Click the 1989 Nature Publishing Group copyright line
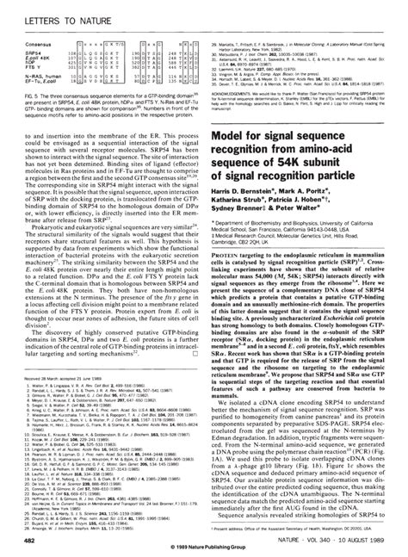click(x=203, y=550)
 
